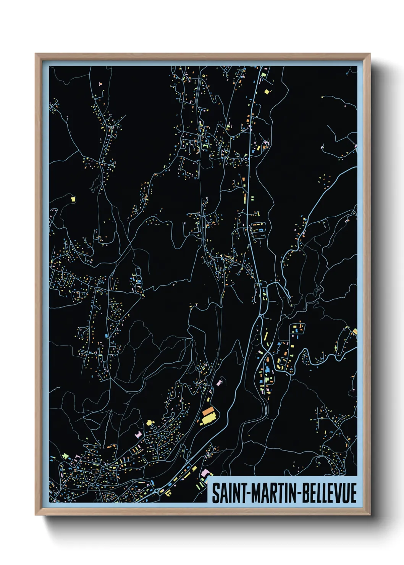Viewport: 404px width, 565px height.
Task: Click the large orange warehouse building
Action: [208, 412]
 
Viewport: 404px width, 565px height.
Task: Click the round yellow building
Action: [149, 422]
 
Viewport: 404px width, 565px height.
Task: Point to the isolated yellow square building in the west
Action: [73, 199]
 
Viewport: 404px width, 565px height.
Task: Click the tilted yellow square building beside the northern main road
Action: [267, 91]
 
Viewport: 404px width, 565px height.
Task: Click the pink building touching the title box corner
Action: [205, 473]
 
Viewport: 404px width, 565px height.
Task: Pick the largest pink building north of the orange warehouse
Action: [219, 382]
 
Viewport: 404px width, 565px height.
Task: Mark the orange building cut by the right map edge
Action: [355, 331]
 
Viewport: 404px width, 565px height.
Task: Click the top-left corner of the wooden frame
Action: [36, 54]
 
